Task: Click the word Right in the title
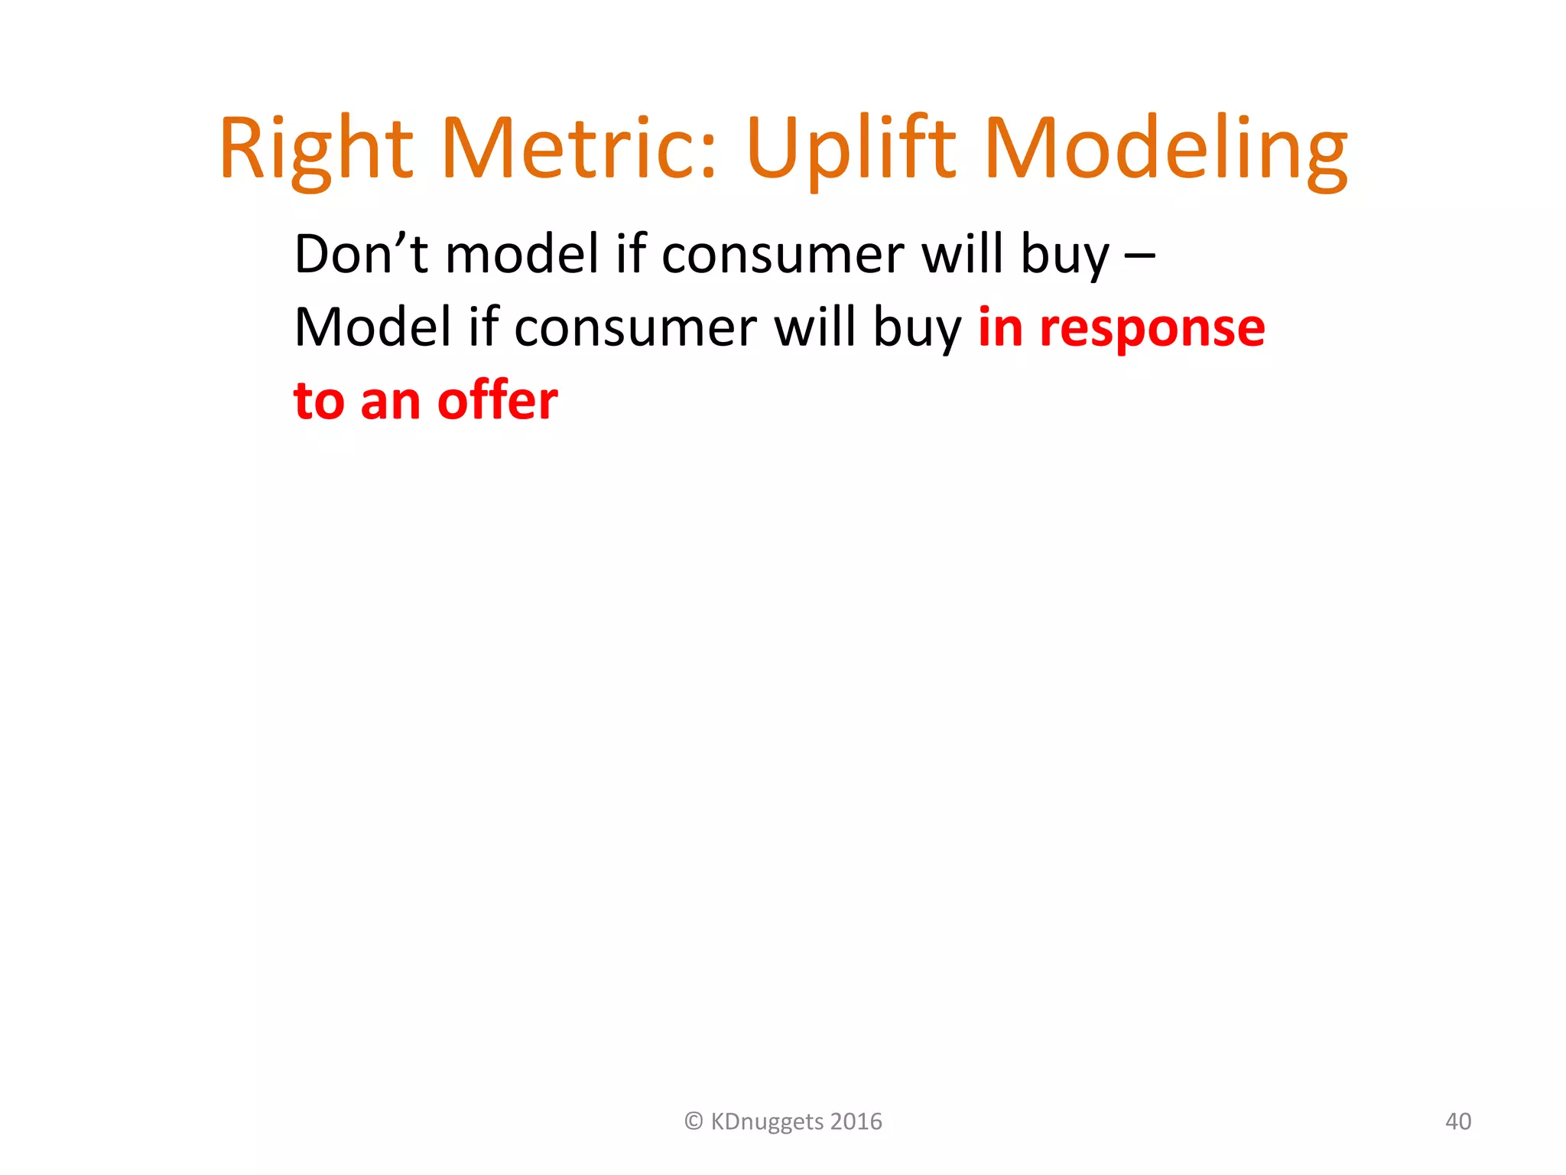pyautogui.click(x=316, y=149)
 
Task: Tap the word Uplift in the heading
pyautogui.click(x=850, y=149)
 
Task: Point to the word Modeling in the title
pyautogui.click(x=1167, y=149)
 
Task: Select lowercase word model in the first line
pyautogui.click(x=522, y=254)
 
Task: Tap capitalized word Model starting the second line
pyautogui.click(x=372, y=327)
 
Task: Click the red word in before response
pyautogui.click(x=1000, y=327)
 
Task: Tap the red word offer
pyautogui.click(x=498, y=401)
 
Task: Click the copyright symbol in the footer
pyautogui.click(x=694, y=1121)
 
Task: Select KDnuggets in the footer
pyautogui.click(x=767, y=1122)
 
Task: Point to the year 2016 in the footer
pyautogui.click(x=856, y=1121)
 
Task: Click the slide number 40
pyautogui.click(x=1457, y=1121)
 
